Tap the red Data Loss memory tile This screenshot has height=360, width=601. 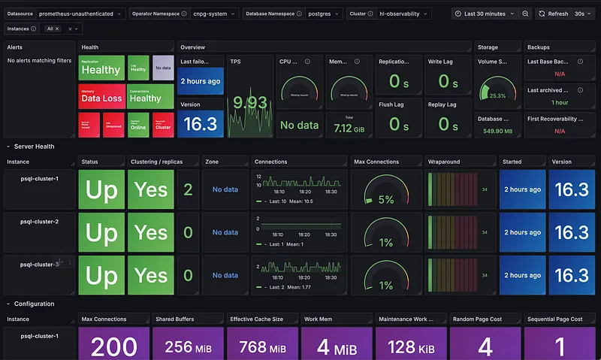(x=101, y=98)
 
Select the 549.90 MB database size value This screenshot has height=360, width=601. (x=497, y=131)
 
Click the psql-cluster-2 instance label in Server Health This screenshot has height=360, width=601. (x=41, y=221)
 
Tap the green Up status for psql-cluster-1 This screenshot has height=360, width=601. (x=101, y=189)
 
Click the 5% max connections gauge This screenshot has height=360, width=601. (x=385, y=190)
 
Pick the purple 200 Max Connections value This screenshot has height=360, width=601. (x=114, y=346)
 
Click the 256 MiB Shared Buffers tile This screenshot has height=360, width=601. (x=187, y=346)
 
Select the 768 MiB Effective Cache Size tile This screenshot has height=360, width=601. (x=261, y=346)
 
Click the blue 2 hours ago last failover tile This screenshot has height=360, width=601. (x=201, y=81)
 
